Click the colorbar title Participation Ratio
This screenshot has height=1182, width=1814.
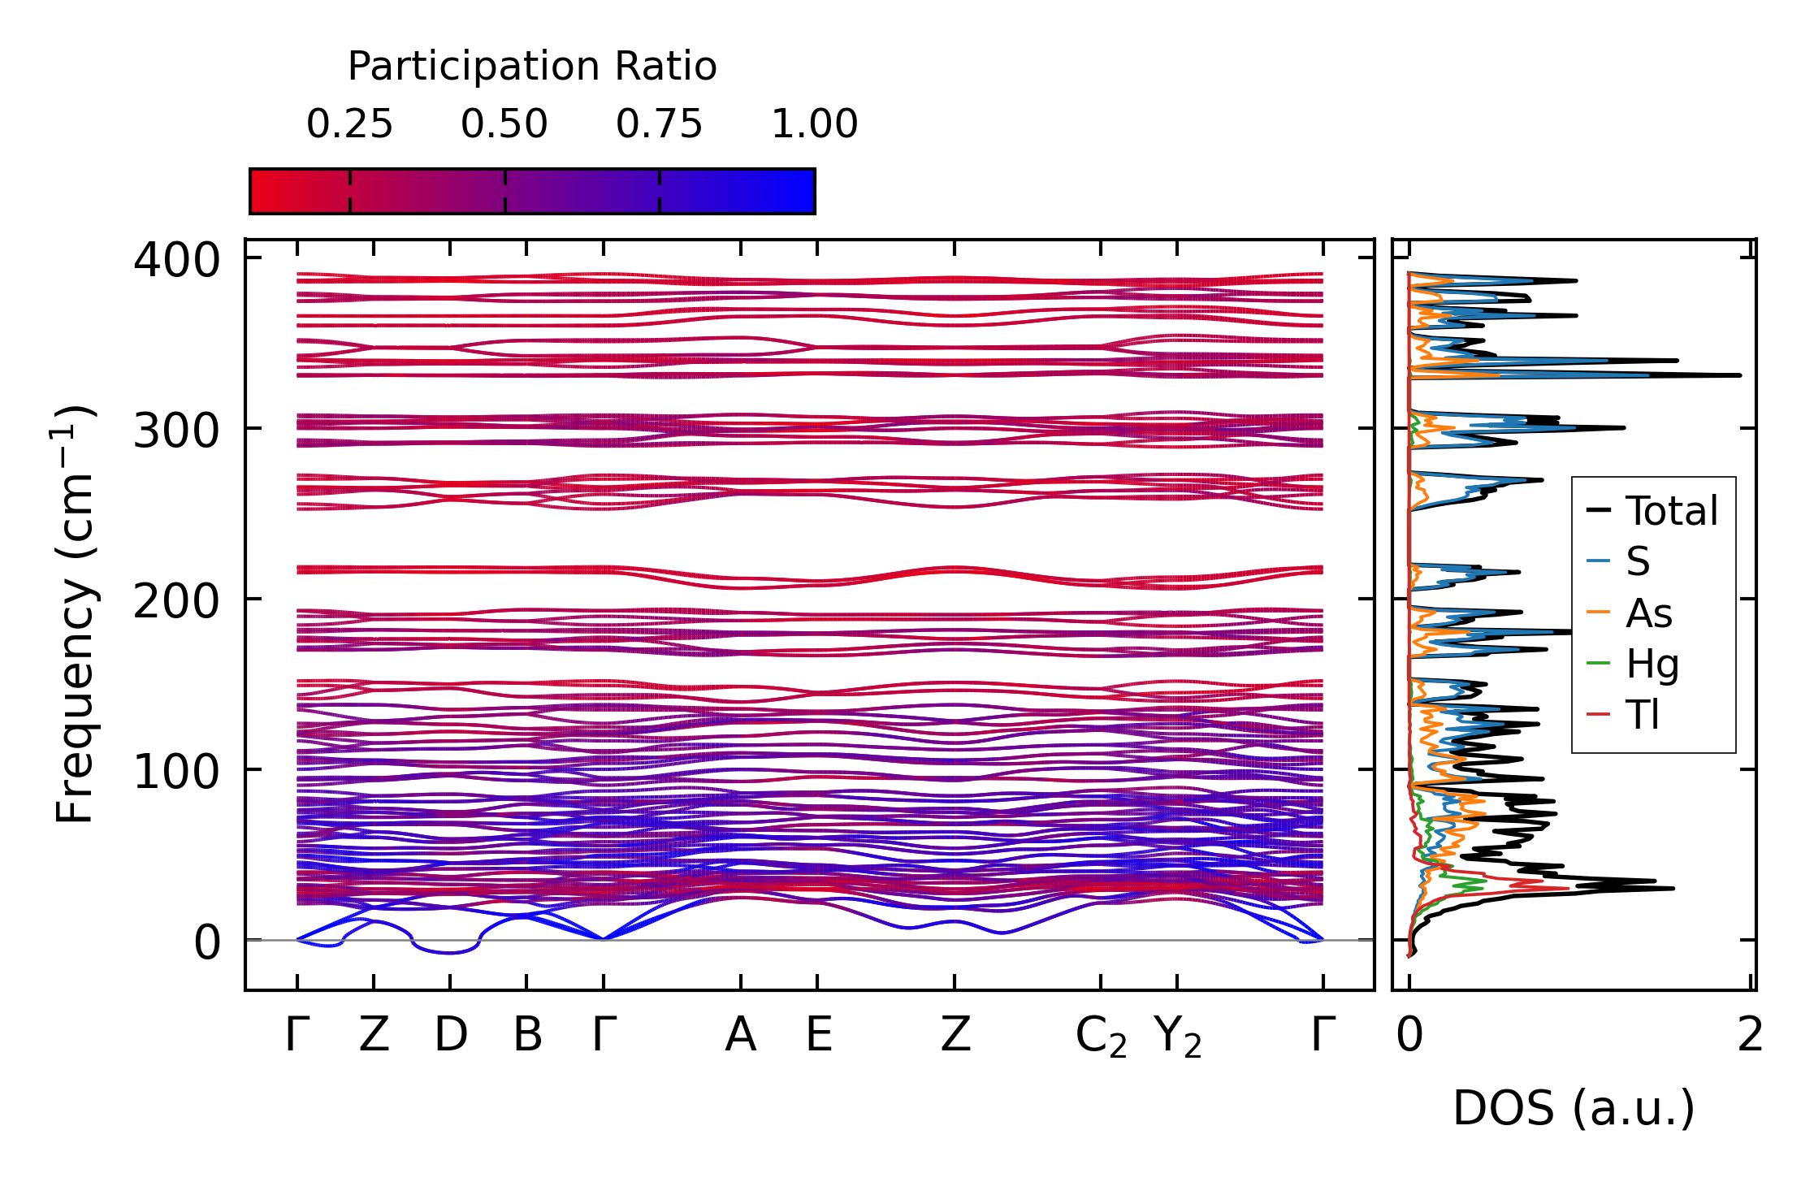coord(532,67)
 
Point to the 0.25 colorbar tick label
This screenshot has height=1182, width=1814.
coord(349,124)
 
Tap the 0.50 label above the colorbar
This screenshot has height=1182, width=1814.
coord(504,124)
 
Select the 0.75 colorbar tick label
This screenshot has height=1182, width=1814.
coord(659,124)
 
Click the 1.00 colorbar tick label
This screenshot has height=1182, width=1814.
coord(814,124)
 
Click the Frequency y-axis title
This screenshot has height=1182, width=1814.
coord(75,613)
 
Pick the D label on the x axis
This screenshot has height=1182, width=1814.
coord(450,1035)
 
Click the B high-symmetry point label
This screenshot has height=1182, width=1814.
coord(527,1035)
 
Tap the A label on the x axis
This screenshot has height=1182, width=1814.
coord(741,1035)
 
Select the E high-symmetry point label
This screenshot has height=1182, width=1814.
coord(818,1035)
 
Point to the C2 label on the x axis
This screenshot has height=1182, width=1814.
coord(1101,1037)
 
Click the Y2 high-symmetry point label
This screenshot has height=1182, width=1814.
coord(1177,1037)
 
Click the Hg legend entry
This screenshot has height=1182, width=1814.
coord(1652,664)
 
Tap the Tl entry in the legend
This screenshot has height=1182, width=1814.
coord(1642,715)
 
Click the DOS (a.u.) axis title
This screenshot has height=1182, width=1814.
coord(1574,1108)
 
